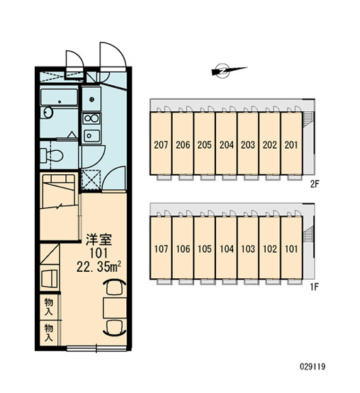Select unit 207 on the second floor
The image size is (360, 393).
(x=161, y=143)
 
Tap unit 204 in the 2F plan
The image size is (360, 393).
(x=226, y=143)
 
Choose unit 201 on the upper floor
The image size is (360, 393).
(x=291, y=143)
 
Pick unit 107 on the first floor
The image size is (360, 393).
(x=161, y=248)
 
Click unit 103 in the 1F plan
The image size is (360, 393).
(x=248, y=248)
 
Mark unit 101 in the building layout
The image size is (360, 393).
(x=291, y=248)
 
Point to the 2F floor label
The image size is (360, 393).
(x=315, y=185)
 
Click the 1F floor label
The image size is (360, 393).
(x=315, y=287)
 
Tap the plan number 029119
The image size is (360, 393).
(x=313, y=367)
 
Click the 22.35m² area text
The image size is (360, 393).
(x=99, y=267)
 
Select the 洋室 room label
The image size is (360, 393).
(x=99, y=239)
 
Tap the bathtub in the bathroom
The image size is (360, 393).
(x=60, y=97)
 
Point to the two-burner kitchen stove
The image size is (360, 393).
(x=91, y=119)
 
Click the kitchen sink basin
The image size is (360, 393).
(x=91, y=136)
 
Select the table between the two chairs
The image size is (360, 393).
(x=115, y=308)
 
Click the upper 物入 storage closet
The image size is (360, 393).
(x=49, y=307)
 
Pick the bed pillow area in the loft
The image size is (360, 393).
(x=59, y=178)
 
